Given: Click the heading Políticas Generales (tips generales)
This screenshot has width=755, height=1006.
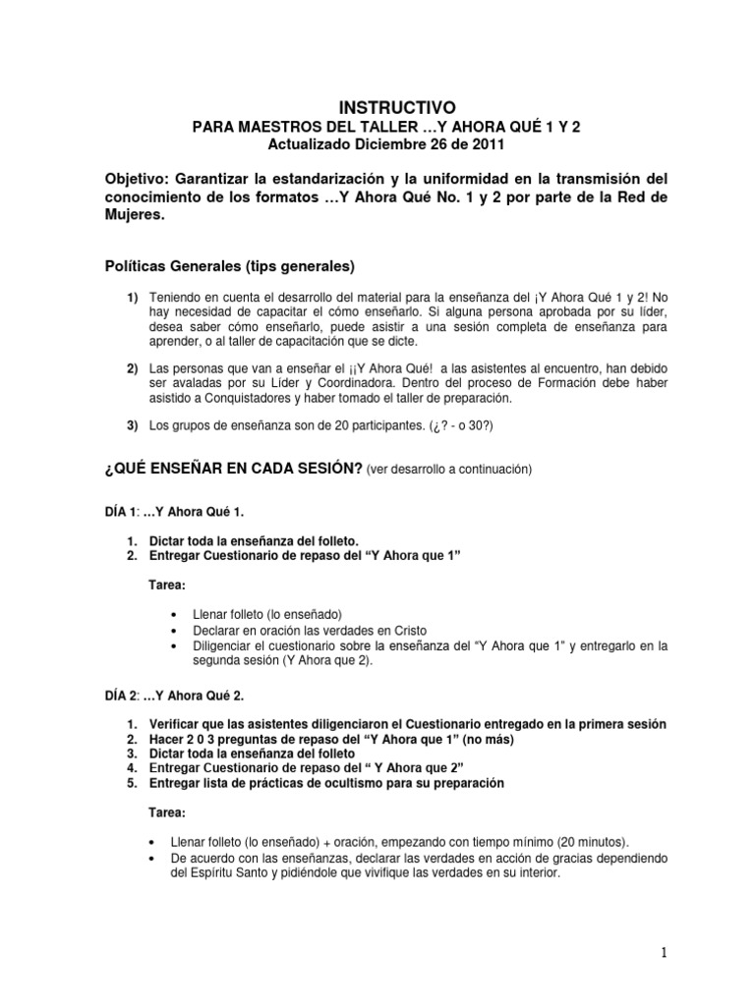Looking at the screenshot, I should [230, 266].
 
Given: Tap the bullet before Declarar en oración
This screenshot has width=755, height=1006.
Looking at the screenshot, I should [174, 630].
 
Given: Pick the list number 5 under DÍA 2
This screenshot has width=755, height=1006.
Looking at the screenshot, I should [132, 783].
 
